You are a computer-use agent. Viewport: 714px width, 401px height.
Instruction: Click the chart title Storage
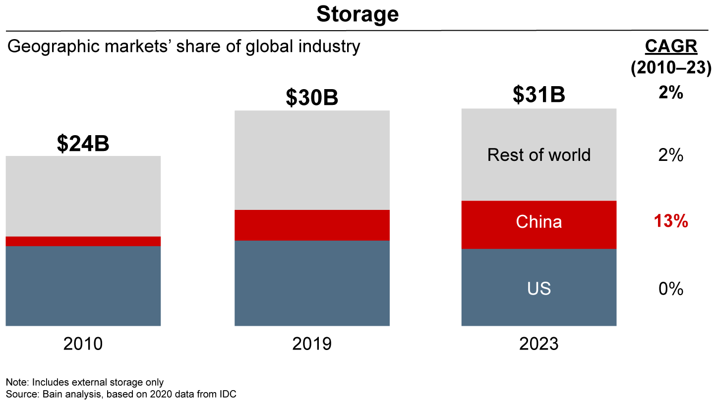click(357, 14)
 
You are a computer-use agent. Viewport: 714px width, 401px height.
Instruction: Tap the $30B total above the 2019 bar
click(312, 98)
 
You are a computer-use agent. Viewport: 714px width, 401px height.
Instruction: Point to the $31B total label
click(538, 95)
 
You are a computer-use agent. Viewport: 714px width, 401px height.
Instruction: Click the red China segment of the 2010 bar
click(83, 241)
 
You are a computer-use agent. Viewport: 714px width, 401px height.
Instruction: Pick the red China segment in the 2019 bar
click(312, 225)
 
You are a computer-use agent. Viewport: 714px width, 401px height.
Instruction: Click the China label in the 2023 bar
click(538, 221)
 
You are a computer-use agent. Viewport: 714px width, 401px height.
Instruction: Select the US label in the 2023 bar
click(538, 288)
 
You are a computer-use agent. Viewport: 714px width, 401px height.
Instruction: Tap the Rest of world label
click(538, 155)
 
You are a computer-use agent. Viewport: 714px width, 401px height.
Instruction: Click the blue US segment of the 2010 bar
click(83, 286)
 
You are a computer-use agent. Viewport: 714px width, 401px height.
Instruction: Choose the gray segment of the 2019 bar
click(312, 160)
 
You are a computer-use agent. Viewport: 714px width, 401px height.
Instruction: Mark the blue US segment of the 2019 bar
click(312, 283)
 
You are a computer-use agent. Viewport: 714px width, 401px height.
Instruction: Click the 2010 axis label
click(83, 344)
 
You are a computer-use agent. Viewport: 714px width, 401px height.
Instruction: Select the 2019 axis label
click(312, 344)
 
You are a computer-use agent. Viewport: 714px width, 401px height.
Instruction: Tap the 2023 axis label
click(538, 344)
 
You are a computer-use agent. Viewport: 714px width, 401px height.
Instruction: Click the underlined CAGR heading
click(671, 47)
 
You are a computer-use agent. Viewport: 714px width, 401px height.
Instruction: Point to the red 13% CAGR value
click(671, 222)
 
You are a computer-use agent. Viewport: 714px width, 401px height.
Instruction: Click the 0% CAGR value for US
click(671, 289)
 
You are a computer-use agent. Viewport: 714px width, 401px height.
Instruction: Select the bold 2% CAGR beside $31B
click(671, 93)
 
